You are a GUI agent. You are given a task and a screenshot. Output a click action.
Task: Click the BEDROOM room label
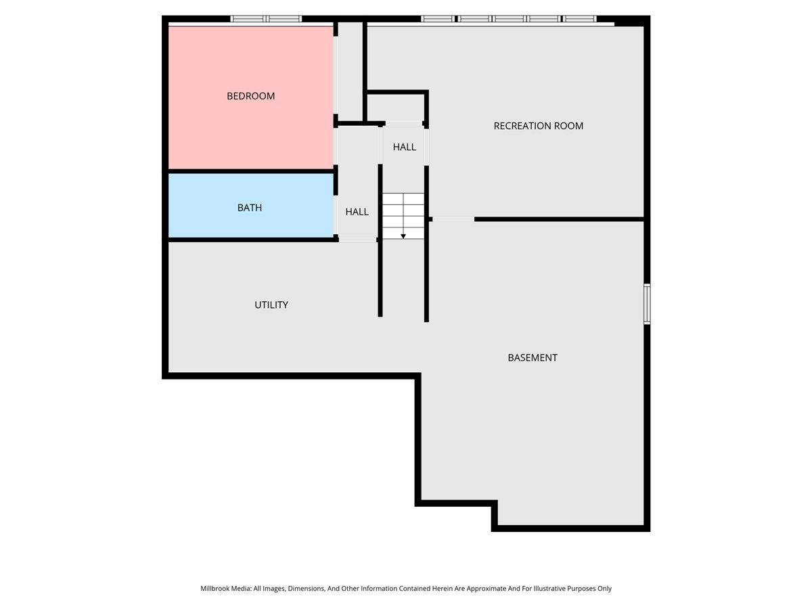(250, 96)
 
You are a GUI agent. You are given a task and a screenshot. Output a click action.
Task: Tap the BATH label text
(249, 208)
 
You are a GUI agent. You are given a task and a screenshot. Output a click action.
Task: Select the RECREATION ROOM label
(538, 126)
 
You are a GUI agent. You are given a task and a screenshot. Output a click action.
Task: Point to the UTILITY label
(271, 305)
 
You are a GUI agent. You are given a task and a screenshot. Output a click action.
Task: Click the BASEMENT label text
(533, 358)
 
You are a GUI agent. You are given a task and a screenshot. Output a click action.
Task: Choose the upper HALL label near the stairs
(405, 147)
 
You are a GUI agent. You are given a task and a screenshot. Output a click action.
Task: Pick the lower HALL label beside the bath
(357, 212)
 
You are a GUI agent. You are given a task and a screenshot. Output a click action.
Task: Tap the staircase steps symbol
(403, 210)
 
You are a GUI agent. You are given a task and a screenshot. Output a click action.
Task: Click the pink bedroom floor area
(250, 135)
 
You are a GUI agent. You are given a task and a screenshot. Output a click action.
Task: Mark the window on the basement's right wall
(647, 304)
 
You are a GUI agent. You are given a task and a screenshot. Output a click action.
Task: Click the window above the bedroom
(266, 19)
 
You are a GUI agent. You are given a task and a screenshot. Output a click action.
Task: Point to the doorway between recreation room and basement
(453, 219)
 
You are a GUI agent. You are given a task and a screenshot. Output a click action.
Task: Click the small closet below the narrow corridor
(396, 108)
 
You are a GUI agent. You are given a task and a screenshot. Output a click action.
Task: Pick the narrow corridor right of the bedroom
(350, 71)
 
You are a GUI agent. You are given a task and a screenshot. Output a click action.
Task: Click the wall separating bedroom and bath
(250, 171)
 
